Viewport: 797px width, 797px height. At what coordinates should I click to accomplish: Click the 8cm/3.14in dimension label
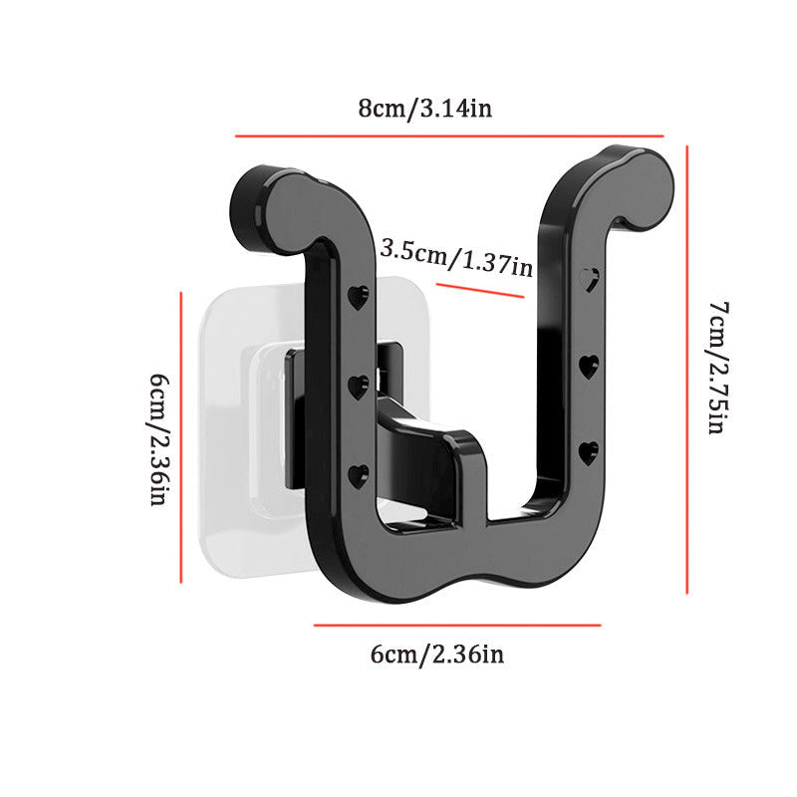425,109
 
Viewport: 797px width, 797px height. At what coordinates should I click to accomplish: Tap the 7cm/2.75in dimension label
718,368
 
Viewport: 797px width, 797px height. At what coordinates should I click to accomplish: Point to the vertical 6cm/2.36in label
158,439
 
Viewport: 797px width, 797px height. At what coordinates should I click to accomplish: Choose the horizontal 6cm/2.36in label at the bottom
437,654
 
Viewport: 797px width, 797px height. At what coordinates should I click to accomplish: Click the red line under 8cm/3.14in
449,136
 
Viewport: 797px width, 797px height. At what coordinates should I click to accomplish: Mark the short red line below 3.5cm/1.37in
480,291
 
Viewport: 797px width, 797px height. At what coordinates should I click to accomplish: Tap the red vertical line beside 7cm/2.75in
687,370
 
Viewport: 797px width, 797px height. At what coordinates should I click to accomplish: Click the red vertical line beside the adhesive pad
181,437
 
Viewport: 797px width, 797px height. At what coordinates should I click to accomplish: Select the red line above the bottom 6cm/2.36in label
457,626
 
